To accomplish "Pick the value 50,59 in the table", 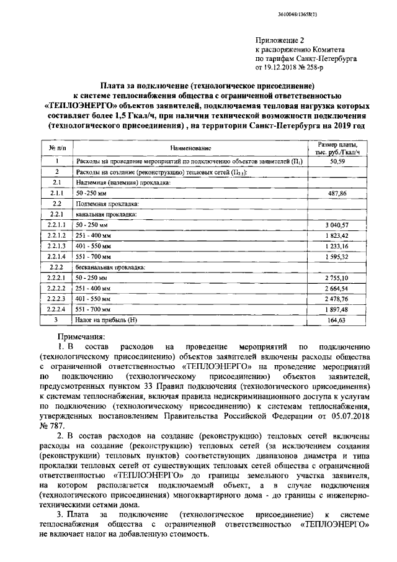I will (x=337, y=161).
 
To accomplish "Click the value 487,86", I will (x=337, y=193).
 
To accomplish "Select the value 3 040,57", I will (x=337, y=224).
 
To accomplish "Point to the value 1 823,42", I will (x=337, y=235).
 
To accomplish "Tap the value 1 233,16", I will (x=337, y=245).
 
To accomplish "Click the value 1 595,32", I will (x=337, y=256).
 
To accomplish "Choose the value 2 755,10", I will (x=337, y=278).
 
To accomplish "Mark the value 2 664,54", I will (x=337, y=288).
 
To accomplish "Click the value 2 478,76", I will (x=337, y=299).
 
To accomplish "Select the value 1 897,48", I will (x=337, y=309).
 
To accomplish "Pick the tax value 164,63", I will (x=337, y=320).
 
